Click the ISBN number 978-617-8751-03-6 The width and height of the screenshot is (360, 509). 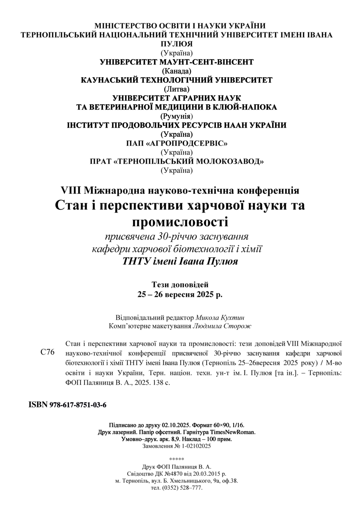pyautogui.click(x=78, y=405)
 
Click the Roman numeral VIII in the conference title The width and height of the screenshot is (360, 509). pyautogui.click(x=70, y=190)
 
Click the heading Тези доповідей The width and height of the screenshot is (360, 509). pyautogui.click(x=180, y=284)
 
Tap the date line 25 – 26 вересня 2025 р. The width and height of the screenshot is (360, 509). pyautogui.click(x=180, y=294)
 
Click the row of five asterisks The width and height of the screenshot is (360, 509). pyautogui.click(x=177, y=459)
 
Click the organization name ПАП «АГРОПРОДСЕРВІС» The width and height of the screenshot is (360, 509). pyautogui.click(x=177, y=143)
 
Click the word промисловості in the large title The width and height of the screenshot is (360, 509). pyautogui.click(x=180, y=222)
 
